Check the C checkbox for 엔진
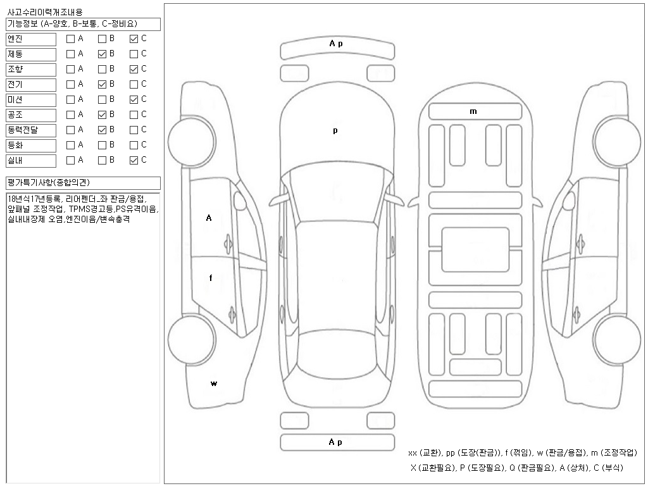[134, 39]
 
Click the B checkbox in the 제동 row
[102, 54]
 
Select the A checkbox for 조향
[70, 69]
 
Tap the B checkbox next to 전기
[102, 84]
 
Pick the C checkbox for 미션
[134, 99]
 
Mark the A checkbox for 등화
[70, 145]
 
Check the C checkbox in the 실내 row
[134, 160]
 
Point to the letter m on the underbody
[473, 111]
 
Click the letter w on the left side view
[214, 383]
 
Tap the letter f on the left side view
[211, 278]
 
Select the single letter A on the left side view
[209, 218]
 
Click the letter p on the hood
[335, 131]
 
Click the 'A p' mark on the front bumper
[335, 44]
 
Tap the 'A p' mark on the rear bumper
[335, 442]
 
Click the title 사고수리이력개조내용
[44, 13]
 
